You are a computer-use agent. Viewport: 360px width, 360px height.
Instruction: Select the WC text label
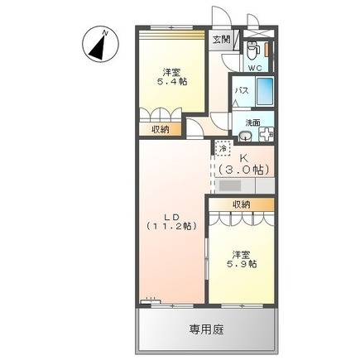(x=255, y=66)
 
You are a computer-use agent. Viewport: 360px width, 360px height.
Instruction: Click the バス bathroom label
(x=242, y=91)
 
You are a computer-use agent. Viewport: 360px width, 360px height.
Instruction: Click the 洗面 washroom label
(x=251, y=122)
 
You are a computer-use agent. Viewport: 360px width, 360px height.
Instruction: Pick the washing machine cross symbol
(x=266, y=133)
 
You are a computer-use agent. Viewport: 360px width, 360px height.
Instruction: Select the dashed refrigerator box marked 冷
(x=223, y=148)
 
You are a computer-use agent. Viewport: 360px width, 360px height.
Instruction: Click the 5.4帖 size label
(x=172, y=82)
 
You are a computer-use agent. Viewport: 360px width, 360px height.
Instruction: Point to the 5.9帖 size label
(x=242, y=264)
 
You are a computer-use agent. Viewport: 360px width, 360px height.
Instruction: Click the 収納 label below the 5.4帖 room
(x=161, y=129)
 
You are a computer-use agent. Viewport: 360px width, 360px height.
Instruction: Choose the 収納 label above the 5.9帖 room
(x=241, y=204)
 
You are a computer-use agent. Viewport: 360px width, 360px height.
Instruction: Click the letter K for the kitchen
(x=244, y=157)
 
